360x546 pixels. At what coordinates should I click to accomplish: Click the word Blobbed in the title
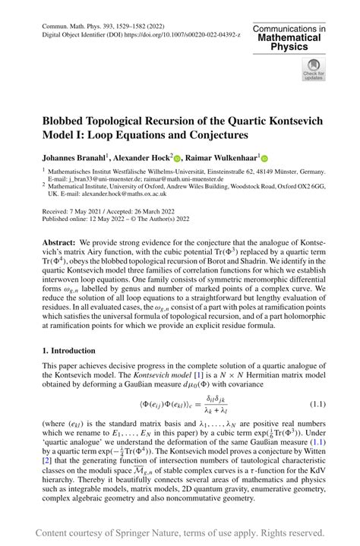click(x=72, y=120)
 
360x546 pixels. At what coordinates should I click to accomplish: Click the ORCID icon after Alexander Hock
click(x=176, y=159)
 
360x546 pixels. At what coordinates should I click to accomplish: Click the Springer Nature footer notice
click(x=180, y=532)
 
